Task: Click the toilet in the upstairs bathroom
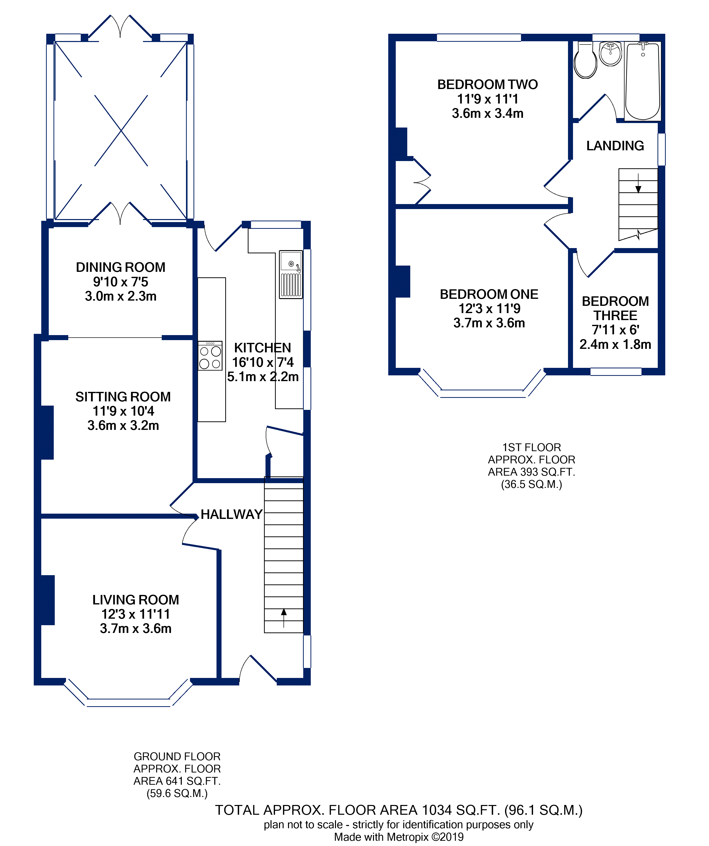[x=585, y=61]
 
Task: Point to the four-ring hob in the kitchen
[x=210, y=356]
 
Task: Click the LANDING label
[x=615, y=146]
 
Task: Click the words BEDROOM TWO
[x=487, y=85]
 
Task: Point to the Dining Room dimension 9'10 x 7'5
[x=120, y=282]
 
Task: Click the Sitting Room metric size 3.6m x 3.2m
[x=123, y=425]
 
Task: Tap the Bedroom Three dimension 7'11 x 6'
[x=615, y=330]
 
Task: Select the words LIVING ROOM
[x=136, y=600]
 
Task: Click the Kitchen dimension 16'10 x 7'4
[x=263, y=362]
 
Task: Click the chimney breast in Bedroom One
[x=403, y=282]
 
